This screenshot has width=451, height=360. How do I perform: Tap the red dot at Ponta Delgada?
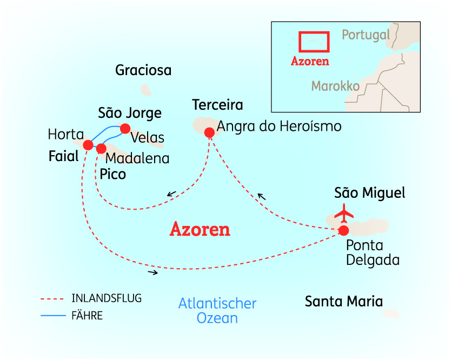click(343, 231)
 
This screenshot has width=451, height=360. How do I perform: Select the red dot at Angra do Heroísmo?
click(209, 132)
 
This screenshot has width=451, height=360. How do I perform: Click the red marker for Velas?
click(125, 128)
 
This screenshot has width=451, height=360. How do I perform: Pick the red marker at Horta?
click(88, 144)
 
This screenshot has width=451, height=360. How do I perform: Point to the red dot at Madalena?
click(101, 148)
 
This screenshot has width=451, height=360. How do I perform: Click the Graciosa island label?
click(143, 70)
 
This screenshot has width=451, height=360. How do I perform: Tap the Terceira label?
click(217, 105)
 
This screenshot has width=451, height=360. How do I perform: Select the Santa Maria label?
click(344, 301)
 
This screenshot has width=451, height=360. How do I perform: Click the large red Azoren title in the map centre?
click(200, 230)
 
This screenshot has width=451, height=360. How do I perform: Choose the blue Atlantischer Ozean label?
click(217, 310)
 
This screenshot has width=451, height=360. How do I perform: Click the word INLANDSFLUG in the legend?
click(107, 298)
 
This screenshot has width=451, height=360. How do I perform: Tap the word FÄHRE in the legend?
click(87, 316)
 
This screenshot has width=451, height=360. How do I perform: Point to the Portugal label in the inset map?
click(366, 35)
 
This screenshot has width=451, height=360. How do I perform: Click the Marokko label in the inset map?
click(336, 86)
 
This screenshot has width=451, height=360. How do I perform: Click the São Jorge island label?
click(130, 113)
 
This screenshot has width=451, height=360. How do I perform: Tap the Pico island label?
click(113, 174)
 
